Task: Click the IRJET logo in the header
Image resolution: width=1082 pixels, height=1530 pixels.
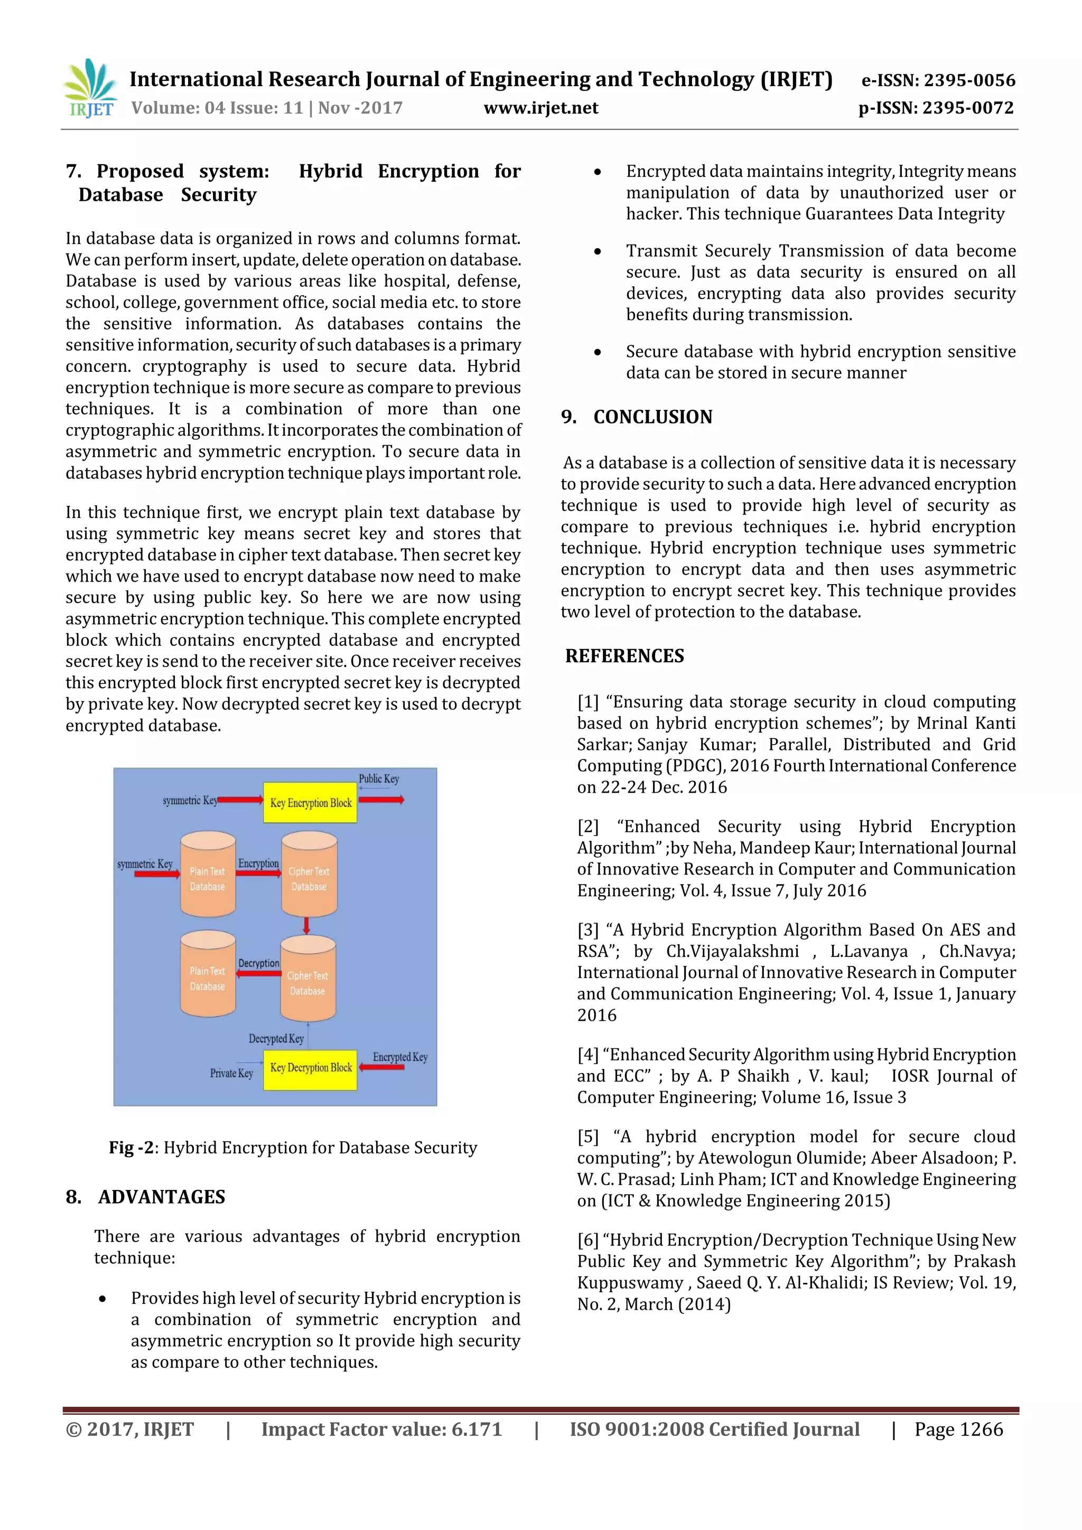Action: (x=90, y=89)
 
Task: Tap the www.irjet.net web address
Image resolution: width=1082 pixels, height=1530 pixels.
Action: (x=540, y=108)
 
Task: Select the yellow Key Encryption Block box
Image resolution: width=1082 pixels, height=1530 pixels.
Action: (x=310, y=802)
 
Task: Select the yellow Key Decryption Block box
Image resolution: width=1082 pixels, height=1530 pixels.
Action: (x=310, y=1067)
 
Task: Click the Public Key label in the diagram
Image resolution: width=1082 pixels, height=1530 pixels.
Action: (x=379, y=778)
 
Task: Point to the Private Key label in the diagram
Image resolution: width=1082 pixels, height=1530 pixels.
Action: (x=231, y=1073)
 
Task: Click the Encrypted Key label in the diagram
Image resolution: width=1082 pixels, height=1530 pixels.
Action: (x=400, y=1057)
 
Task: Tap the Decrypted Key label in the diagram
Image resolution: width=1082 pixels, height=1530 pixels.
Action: (x=276, y=1038)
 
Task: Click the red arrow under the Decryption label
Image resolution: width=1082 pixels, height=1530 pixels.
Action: (x=259, y=973)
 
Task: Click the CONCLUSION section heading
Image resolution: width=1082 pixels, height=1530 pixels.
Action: (x=652, y=417)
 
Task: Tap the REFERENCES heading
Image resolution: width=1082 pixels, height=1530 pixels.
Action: (x=624, y=656)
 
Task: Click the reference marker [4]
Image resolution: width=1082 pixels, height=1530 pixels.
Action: (x=588, y=1055)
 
